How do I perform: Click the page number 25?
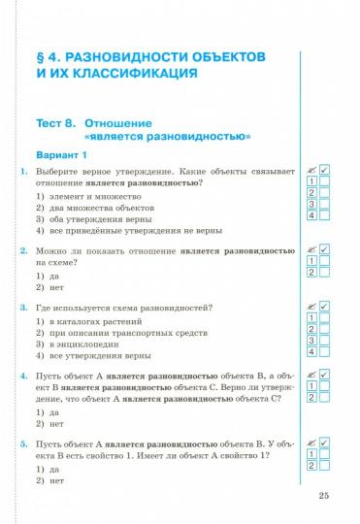(x=324, y=498)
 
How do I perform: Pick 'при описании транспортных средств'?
(x=112, y=331)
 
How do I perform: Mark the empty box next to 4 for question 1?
(x=325, y=214)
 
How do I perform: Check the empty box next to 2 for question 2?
(x=325, y=273)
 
